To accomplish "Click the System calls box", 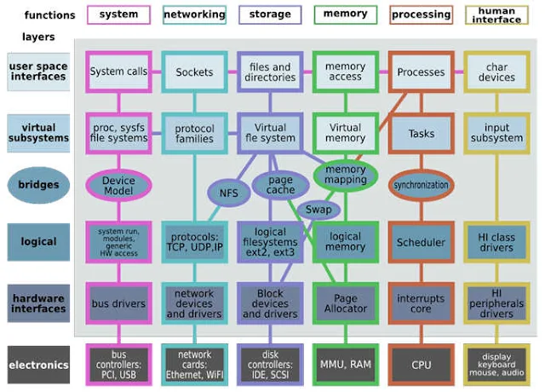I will pos(118,72).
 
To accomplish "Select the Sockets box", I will pos(194,72).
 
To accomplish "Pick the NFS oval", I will pos(229,193).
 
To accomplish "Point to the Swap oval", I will pos(318,209).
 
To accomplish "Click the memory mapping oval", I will pos(346,175).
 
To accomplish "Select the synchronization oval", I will pos(422,184).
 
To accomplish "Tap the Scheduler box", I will pos(421,242).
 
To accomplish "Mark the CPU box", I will pos(421,365).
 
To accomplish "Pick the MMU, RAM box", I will pos(345,365).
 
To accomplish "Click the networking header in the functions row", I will pos(194,14).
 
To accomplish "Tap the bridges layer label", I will pos(37,186).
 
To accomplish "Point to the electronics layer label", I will pos(38,365).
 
